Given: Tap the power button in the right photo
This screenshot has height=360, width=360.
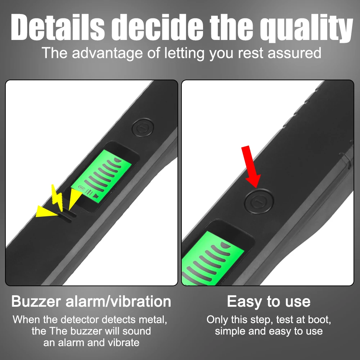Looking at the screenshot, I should [x=258, y=201].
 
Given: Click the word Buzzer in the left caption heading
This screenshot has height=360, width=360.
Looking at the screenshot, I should [x=36, y=301].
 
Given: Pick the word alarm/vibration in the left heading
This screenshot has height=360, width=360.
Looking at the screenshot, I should [x=118, y=301].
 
